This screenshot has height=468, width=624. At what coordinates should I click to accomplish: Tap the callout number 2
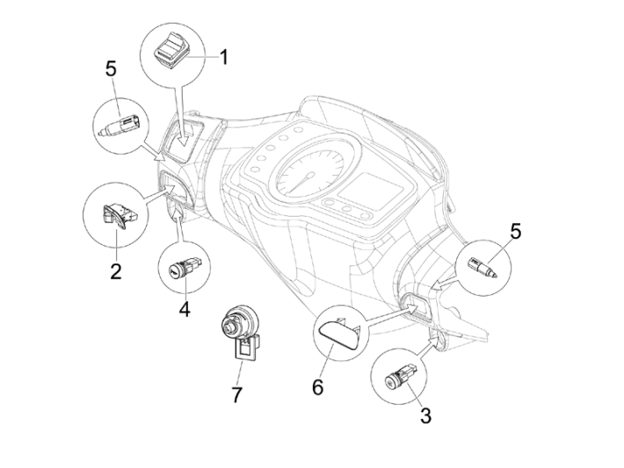click(115, 270)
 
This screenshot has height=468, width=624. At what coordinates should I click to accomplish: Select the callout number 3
click(424, 415)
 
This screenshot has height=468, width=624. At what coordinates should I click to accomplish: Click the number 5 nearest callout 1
click(111, 68)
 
